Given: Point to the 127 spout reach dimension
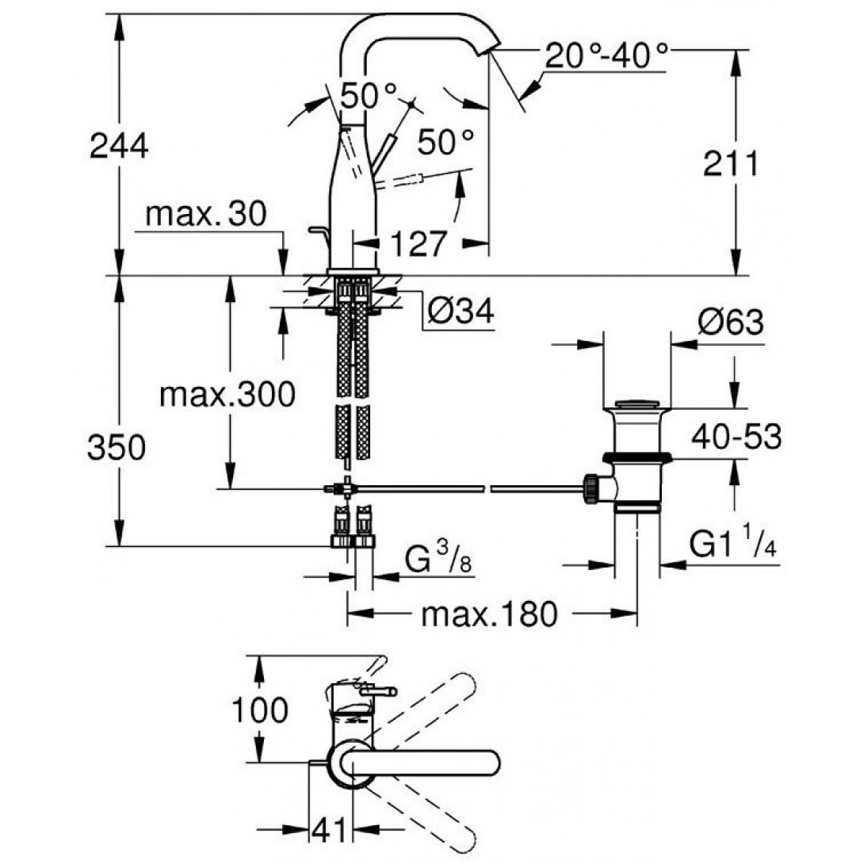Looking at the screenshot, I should (x=418, y=243).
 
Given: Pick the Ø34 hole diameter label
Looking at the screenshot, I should (x=461, y=312).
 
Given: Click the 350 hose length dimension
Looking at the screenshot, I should (x=117, y=449).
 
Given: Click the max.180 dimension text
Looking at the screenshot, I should (x=489, y=614).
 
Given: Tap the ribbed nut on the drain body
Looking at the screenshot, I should (x=591, y=487).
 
